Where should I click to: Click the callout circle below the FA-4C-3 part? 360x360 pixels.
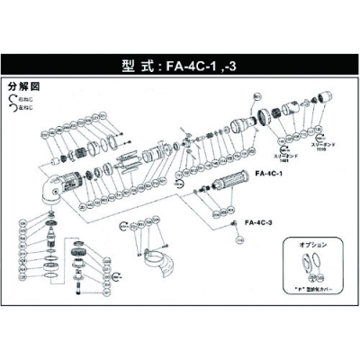(x=239, y=241)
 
